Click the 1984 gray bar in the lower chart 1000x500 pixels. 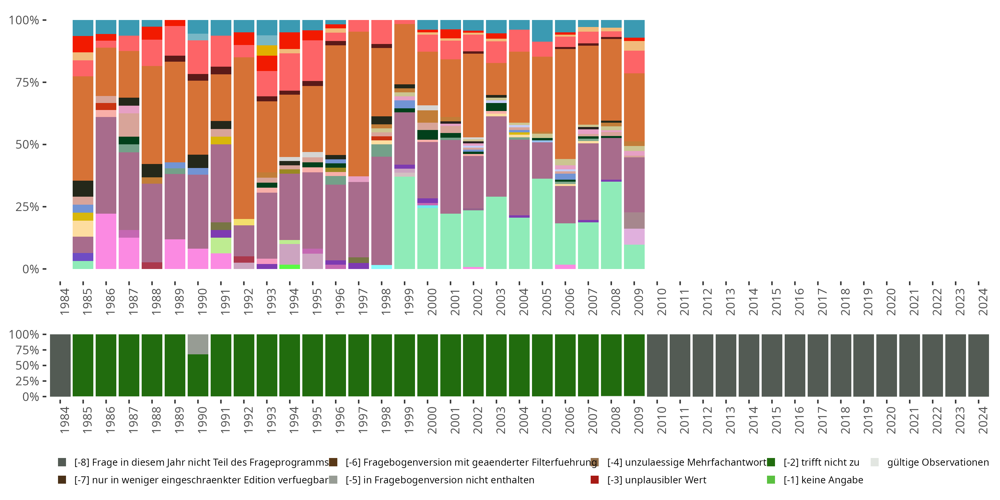coord(60,365)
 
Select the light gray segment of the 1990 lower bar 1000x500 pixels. coord(198,344)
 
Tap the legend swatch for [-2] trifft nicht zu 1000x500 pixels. coord(771,462)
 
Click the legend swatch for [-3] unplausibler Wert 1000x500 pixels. coord(594,480)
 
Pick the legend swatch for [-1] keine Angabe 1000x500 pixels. coord(771,480)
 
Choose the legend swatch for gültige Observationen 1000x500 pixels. coord(875,462)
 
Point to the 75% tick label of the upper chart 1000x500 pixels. coord(27,82)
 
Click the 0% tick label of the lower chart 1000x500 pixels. coord(31,397)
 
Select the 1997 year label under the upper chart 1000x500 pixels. coord(362,302)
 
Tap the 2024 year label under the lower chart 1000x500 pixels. coord(983,420)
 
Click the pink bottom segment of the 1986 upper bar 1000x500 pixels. coord(106,241)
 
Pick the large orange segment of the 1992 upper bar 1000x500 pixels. coord(244,138)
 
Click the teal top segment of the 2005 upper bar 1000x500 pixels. coord(542,31)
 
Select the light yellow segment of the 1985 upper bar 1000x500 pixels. coord(83,229)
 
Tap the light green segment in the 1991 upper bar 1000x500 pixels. coord(221,245)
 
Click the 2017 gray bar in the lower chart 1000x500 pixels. coord(818,365)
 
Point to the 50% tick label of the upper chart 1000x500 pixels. coord(27,144)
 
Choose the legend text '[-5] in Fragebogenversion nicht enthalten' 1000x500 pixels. coord(440,480)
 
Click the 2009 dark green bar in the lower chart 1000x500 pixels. coord(634,365)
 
